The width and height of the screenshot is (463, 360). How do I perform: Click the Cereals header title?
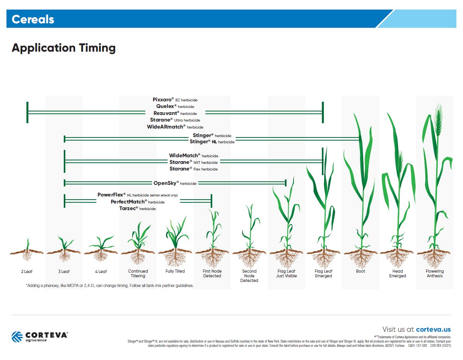click(33, 19)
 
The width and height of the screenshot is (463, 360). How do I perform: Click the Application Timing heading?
click(64, 48)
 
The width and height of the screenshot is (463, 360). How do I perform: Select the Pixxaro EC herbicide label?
click(175, 99)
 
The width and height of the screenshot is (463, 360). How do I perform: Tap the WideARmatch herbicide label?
click(175, 127)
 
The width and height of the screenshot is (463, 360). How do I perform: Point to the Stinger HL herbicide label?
click(212, 142)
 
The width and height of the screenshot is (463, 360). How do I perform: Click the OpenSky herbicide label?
click(175, 183)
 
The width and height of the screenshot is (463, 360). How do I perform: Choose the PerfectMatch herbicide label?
click(138, 202)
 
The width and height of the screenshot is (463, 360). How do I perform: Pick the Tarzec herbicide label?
click(138, 209)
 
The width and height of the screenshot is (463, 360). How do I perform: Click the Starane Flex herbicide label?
click(194, 169)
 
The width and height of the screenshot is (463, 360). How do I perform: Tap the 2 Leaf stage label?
click(27, 271)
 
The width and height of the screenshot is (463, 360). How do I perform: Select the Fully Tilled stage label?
click(175, 271)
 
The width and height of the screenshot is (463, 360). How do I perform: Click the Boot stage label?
click(360, 271)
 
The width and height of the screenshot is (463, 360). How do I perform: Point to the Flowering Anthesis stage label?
click(435, 273)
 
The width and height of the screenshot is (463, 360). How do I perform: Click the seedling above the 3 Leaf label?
click(64, 243)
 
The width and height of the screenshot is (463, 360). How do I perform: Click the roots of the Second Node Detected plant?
click(249, 259)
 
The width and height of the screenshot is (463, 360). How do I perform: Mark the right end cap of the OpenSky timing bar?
click(286, 183)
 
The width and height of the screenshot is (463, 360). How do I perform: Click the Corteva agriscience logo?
click(39, 336)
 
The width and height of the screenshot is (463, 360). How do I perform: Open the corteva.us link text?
click(433, 329)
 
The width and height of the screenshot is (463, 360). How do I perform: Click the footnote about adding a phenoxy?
click(110, 285)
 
